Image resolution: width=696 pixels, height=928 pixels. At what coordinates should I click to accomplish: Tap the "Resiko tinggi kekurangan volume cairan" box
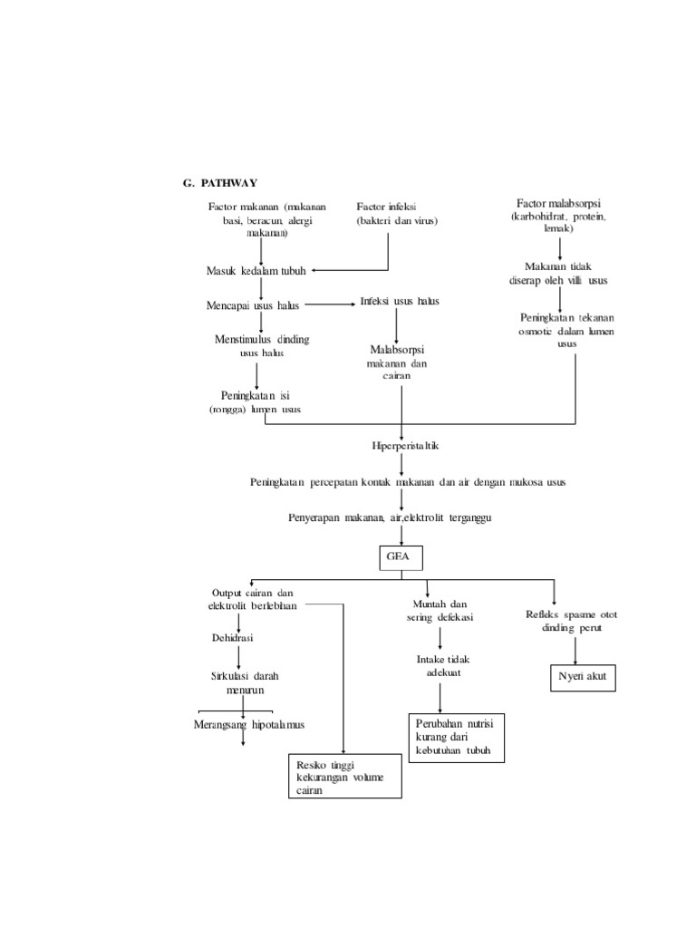[x=343, y=776]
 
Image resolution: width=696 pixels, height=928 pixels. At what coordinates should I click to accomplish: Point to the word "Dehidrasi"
[x=233, y=637]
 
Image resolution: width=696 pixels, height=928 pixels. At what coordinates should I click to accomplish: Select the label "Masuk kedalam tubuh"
[x=256, y=271]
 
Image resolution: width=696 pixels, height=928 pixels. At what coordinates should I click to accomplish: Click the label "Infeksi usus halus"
[x=399, y=302]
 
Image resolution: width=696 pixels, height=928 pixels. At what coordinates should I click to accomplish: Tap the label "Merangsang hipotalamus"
[x=249, y=724]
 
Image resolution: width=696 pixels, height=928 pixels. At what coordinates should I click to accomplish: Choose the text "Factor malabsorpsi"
[x=559, y=205]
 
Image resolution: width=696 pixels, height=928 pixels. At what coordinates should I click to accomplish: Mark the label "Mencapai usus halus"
[x=253, y=306]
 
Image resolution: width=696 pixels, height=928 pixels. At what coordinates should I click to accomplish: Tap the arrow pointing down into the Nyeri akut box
[x=576, y=651]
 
